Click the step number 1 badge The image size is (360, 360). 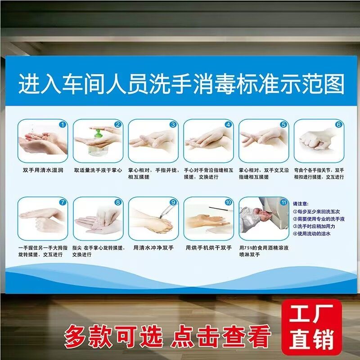click(x=63, y=124)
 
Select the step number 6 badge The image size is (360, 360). click(x=339, y=124)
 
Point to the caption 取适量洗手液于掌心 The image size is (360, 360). click(x=98, y=170)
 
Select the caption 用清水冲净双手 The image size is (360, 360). click(x=153, y=248)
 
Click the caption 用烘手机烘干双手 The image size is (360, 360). click(x=209, y=248)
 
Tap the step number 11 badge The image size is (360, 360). click(x=283, y=202)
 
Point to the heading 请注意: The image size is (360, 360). click(x=301, y=203)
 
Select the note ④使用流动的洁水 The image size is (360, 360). click(x=312, y=234)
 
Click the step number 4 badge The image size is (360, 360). click(x=229, y=124)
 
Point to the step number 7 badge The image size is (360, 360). click(x=63, y=202)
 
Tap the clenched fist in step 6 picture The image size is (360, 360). click(x=315, y=139)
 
